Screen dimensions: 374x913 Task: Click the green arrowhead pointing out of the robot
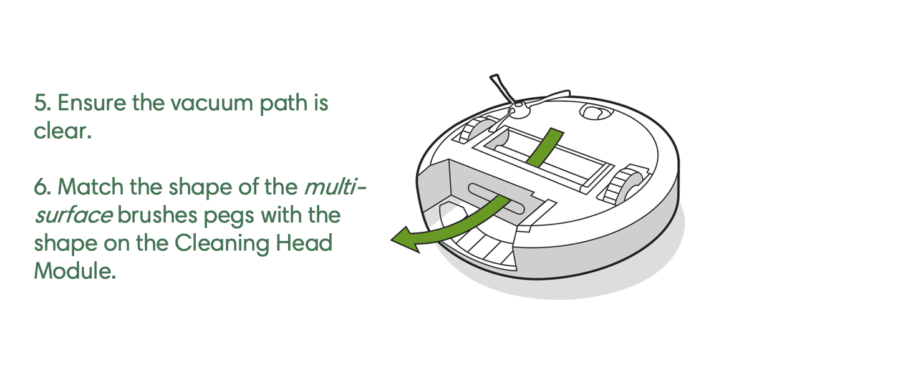point(404,241)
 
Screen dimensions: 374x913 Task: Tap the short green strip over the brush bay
point(544,145)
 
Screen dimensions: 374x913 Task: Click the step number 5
point(42,103)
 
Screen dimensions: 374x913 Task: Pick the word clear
point(62,132)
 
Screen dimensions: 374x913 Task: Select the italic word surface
point(74,215)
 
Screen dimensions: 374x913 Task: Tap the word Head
point(304,243)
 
